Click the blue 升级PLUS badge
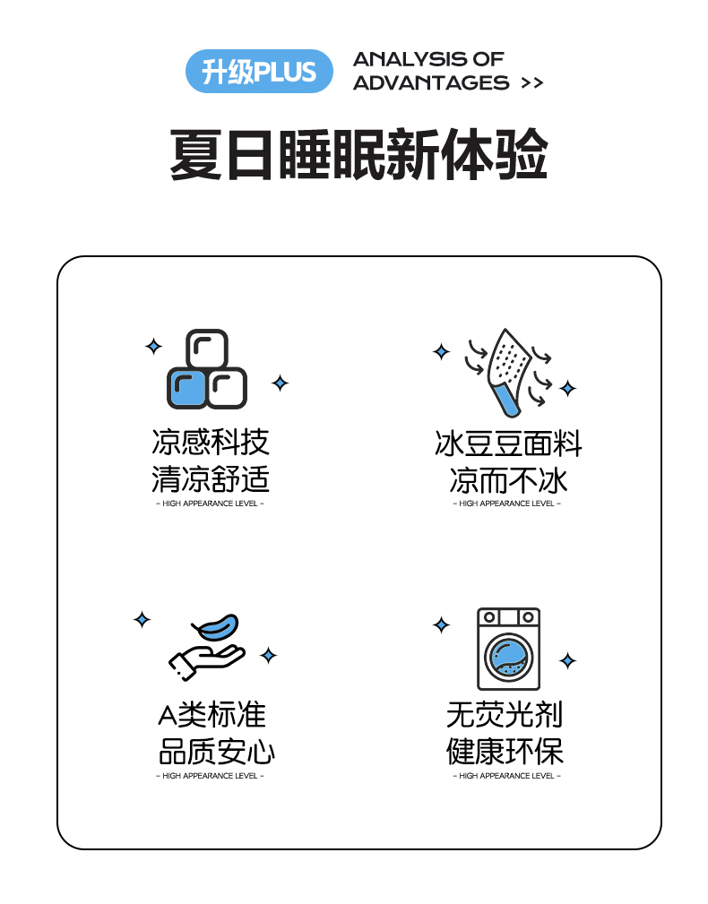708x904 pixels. pos(259,72)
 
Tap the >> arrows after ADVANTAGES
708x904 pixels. pos(531,83)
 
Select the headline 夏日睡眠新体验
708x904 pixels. pos(358,154)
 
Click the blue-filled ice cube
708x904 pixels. pos(186,388)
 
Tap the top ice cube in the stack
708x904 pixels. pos(207,349)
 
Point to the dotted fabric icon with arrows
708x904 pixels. pos(508,372)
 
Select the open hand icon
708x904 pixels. pos(206,662)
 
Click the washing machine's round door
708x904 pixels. pos(508,658)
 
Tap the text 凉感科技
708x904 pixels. pos(211,443)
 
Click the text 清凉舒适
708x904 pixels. pos(211,479)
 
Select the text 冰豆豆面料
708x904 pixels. pos(508,443)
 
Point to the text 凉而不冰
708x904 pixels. pos(508,480)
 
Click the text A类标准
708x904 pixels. pos(212,715)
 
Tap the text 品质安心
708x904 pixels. pos(216,751)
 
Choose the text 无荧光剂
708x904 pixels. pos(505,715)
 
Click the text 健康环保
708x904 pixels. pos(505,751)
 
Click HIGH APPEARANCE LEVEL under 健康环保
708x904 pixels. pos(506,776)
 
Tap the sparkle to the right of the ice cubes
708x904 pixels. pos(281,383)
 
